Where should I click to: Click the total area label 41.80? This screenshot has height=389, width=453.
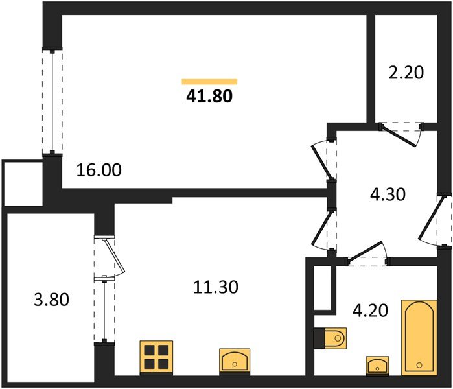[209, 97]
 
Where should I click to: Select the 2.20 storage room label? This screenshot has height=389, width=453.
[406, 72]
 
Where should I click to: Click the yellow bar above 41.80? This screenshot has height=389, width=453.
[209, 82]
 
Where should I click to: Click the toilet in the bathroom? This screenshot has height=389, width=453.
[331, 338]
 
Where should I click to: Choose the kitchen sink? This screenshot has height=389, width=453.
[235, 359]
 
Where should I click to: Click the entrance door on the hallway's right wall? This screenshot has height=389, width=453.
[435, 220]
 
